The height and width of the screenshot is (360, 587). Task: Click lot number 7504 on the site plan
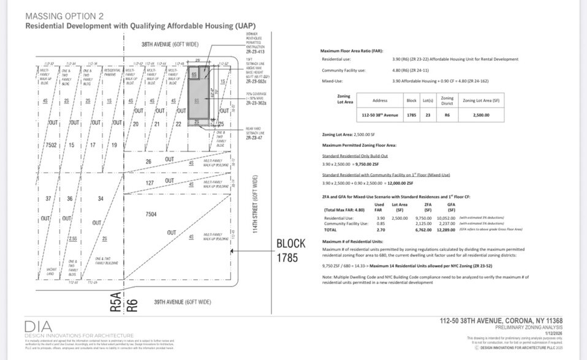(151, 214)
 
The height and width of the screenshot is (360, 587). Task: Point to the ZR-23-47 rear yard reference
(254, 139)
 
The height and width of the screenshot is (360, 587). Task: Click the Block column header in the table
(411, 100)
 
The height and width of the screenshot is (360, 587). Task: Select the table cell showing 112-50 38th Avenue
(381, 115)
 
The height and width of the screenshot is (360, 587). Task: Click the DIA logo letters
(39, 326)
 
